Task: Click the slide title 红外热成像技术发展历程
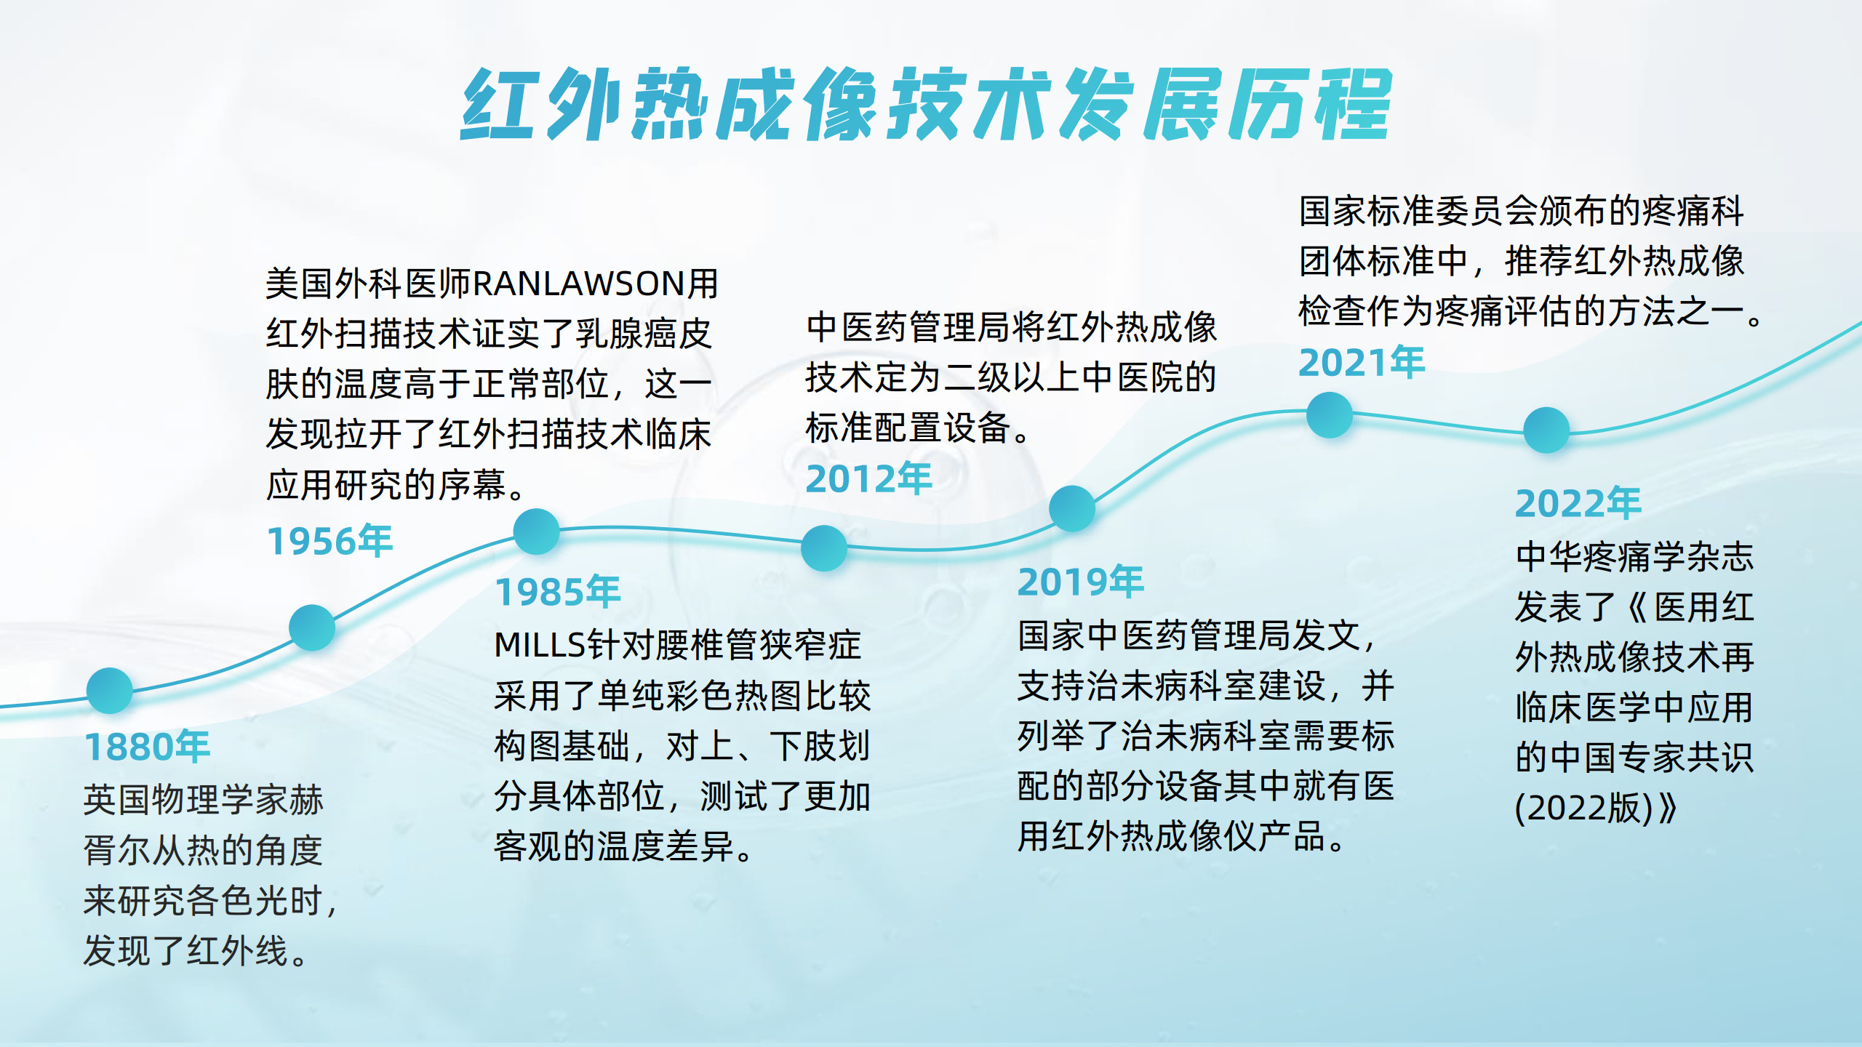click(926, 104)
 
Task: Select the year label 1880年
click(148, 747)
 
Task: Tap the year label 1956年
click(330, 541)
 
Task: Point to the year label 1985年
click(558, 592)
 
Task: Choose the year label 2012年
click(869, 479)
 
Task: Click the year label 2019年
click(1081, 582)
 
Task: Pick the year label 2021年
click(1362, 363)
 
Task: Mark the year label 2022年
click(1578, 503)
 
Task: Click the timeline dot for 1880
click(110, 691)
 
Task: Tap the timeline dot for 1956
click(312, 627)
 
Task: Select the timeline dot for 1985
click(537, 531)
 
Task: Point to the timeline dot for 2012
click(824, 548)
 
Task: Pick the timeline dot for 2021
click(1330, 415)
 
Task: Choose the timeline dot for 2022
click(1546, 430)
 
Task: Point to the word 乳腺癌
click(627, 334)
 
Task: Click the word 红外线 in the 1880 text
click(238, 951)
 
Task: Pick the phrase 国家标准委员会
click(1418, 212)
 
